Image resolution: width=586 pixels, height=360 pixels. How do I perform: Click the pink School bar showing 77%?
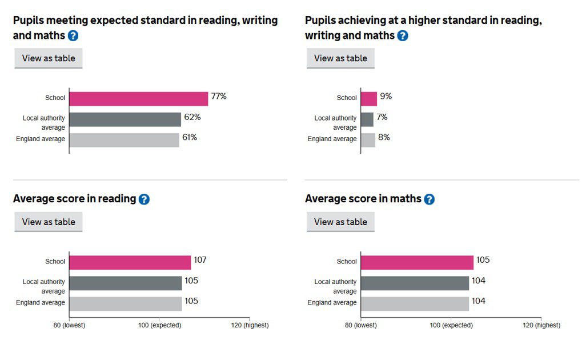138,98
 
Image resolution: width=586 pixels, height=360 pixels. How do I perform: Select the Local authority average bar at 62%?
125,119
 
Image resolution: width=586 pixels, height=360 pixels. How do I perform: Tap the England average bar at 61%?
124,140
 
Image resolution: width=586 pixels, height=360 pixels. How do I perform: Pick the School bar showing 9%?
369,98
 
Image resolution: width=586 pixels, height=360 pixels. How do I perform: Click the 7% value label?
382,117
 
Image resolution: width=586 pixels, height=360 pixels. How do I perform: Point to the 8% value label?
384,138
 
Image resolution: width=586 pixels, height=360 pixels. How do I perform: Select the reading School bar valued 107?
130,262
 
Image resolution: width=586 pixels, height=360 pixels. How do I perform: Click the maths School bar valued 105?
417,262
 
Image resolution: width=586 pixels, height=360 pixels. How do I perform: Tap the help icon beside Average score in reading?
144,199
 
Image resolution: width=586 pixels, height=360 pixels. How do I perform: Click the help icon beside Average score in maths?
429,199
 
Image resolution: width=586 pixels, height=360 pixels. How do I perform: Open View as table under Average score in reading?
49,222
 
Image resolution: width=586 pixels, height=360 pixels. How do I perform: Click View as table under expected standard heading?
49,58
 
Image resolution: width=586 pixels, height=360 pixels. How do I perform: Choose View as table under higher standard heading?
340,58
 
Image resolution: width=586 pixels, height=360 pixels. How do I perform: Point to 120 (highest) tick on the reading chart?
250,325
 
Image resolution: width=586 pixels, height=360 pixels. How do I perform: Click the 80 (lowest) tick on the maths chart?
361,325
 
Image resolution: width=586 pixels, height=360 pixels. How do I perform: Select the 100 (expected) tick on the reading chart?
159,325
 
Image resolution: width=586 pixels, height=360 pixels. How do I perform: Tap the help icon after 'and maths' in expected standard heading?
73,36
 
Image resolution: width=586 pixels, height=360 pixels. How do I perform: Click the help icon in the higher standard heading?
403,36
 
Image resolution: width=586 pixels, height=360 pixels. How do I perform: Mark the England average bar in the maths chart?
415,303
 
